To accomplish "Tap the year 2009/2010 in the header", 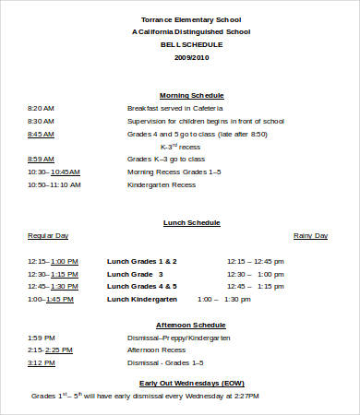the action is click(191, 57).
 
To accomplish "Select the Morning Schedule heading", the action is click(191, 95).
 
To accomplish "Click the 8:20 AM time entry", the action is click(42, 108).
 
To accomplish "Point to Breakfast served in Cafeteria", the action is click(176, 108).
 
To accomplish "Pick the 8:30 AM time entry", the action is click(42, 121).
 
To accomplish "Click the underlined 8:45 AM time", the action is click(42, 134).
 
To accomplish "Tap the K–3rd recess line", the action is click(180, 146).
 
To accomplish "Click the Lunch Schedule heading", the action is click(191, 222).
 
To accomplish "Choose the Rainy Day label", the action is click(310, 235).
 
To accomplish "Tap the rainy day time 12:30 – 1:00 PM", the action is click(251, 274).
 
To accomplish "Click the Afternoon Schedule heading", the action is click(191, 325).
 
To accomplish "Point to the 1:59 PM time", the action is click(42, 338).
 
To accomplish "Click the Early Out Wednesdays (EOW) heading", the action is click(191, 382).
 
